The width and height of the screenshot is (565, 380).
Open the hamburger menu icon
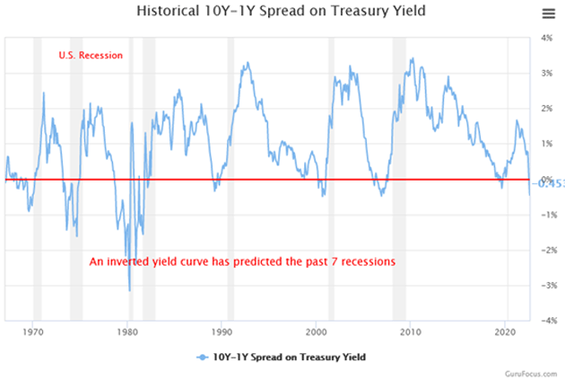(x=548, y=13)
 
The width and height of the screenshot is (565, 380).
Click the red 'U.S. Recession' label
(x=91, y=56)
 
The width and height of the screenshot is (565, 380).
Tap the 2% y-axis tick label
(x=546, y=110)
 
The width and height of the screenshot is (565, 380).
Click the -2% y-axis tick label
(x=544, y=250)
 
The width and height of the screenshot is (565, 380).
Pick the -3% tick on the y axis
(x=544, y=285)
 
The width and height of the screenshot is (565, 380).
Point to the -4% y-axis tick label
(x=544, y=320)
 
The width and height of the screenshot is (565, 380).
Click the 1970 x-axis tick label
(x=34, y=331)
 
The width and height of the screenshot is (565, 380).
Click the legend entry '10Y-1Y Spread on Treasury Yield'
(x=283, y=358)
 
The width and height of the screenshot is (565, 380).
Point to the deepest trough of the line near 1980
(x=130, y=290)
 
